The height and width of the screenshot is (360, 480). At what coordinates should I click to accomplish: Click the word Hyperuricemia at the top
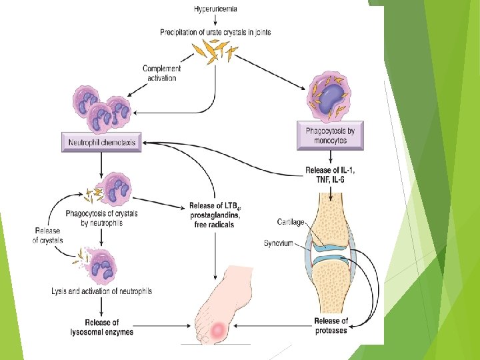point(215,9)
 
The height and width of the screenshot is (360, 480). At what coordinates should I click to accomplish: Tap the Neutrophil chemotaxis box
point(101,143)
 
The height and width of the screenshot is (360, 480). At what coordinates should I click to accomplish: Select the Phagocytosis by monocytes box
point(330,135)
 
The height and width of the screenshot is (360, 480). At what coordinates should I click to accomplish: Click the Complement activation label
point(161,73)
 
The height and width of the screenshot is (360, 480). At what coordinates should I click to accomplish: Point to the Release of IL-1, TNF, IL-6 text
point(330,175)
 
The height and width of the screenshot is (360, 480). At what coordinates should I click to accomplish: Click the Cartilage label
point(291,221)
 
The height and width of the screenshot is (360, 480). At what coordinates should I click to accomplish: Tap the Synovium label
point(279,243)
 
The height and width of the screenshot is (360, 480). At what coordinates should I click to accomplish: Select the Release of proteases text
point(331,326)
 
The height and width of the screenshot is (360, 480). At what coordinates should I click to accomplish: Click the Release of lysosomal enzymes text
point(101,327)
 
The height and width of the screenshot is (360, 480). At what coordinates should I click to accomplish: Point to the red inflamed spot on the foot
point(219,330)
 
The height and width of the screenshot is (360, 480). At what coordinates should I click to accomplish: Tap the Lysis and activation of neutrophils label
point(101,291)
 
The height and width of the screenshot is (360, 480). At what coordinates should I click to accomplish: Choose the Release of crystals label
point(47,235)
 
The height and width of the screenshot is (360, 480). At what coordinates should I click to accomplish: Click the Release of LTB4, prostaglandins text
point(214,210)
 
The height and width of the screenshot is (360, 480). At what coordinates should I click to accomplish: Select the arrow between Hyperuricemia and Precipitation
point(215,20)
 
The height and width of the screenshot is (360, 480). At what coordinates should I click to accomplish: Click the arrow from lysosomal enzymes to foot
point(162,326)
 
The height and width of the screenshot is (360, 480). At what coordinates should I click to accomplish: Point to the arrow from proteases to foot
point(273,326)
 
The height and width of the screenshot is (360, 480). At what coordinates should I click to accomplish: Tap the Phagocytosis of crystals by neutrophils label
point(101,218)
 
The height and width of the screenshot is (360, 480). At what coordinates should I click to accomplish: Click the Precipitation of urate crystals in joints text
point(215,32)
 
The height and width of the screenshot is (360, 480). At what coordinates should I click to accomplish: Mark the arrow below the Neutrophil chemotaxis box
point(101,165)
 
